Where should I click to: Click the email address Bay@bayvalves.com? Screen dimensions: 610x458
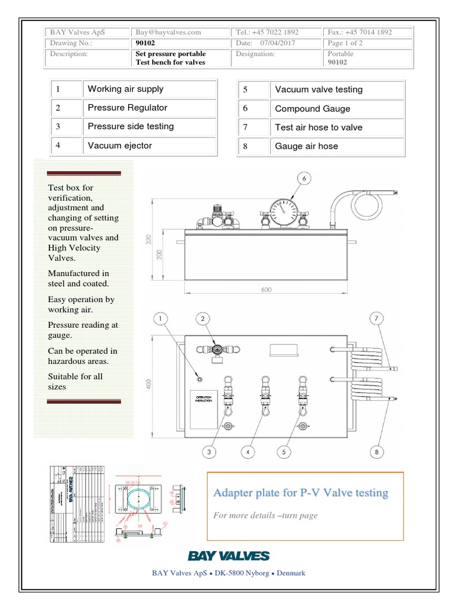point(168,32)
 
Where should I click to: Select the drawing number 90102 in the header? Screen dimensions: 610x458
point(145,43)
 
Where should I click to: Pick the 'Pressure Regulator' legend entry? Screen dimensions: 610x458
point(128,108)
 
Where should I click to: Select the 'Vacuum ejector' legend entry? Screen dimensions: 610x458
point(120,145)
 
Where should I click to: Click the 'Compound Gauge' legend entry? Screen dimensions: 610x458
point(312,109)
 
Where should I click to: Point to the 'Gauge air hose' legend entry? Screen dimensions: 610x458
point(307,146)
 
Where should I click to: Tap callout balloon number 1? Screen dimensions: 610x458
point(160,320)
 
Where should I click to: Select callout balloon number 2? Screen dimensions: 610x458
point(203,320)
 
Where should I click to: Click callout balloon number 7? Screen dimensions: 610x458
point(376,320)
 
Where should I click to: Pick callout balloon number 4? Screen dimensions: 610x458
point(247,452)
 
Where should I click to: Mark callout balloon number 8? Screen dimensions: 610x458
point(376,452)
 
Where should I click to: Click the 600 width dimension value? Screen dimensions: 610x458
point(266,290)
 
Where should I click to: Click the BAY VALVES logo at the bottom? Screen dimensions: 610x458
point(229,556)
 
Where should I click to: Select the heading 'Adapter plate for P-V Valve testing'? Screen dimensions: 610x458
point(301,493)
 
